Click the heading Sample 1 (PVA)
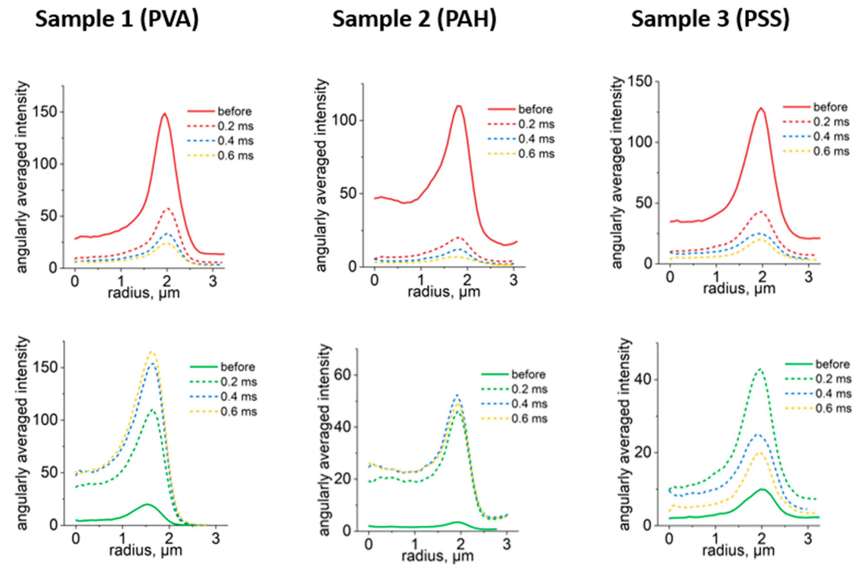coord(117,19)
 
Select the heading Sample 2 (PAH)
coord(414,19)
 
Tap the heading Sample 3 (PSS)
coord(710,19)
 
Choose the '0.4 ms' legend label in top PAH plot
coord(536,139)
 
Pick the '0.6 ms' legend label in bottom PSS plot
coord(833,408)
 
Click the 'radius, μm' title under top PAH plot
coord(444,292)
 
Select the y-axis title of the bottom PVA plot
coord(23,433)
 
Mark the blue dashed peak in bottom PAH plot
coord(457,395)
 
